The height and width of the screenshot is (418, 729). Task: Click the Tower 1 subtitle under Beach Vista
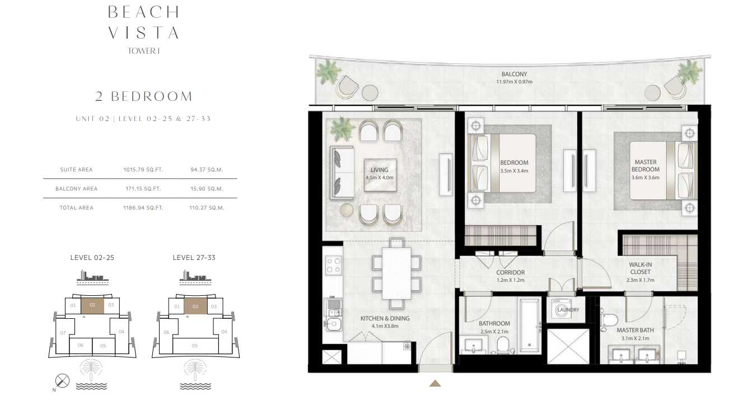143,51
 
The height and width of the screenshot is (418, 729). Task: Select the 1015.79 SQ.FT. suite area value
143,169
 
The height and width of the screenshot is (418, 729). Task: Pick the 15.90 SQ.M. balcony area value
207,189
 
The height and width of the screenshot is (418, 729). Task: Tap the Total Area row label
77,207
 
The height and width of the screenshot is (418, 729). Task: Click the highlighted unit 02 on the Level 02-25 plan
92,305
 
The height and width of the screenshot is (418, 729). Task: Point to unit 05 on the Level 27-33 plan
195,346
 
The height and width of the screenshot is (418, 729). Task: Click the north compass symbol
62,380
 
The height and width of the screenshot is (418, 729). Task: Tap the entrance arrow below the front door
435,383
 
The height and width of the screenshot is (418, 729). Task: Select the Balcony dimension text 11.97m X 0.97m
514,82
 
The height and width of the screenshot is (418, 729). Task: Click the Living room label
379,170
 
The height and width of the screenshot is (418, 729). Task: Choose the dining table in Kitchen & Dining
396,273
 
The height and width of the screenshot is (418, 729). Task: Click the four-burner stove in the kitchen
334,265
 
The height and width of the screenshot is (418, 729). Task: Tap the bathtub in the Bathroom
529,326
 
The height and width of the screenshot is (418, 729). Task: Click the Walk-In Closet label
640,268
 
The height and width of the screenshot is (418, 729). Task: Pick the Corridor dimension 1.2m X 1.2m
510,280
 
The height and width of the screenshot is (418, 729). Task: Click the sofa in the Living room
342,173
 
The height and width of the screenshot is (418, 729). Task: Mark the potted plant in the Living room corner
342,129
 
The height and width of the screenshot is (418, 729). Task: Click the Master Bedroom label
646,165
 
